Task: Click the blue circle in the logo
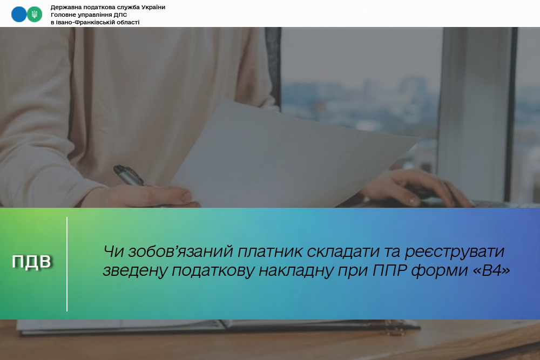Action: (18, 15)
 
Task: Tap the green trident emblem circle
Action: (35, 15)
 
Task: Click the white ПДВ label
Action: (31, 262)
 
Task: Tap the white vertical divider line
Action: (67, 264)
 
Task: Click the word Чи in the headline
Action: (113, 252)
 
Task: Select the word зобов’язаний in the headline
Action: (181, 252)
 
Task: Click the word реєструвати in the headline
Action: (455, 252)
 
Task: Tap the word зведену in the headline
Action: (135, 271)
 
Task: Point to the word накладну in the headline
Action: (296, 271)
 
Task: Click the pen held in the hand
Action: (129, 175)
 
